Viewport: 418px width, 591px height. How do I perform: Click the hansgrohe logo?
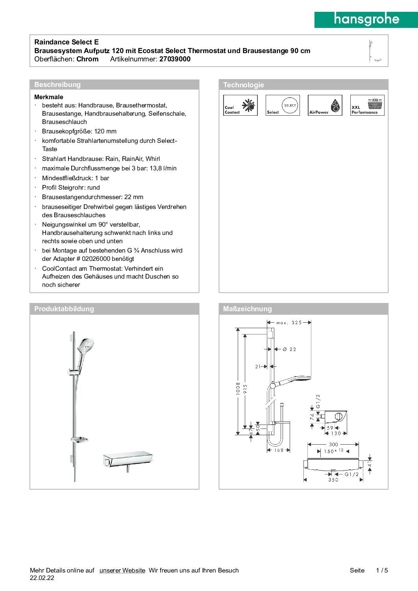click(x=366, y=19)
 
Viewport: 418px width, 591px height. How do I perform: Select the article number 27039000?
click(x=175, y=59)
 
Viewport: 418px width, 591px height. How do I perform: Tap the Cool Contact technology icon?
click(x=240, y=105)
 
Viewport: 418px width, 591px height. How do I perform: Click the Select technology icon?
click(x=283, y=105)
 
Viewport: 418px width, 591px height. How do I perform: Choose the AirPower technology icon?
click(x=325, y=105)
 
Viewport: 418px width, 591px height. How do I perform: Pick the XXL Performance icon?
click(x=367, y=105)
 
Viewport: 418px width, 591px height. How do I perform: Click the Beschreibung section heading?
click(x=57, y=85)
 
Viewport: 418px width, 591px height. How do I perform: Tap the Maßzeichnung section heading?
click(x=247, y=309)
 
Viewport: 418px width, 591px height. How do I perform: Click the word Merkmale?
click(x=49, y=97)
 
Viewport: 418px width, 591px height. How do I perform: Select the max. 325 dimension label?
click(x=289, y=323)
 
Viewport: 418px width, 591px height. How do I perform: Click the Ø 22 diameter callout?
click(x=290, y=349)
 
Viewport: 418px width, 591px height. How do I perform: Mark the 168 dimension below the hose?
click(x=279, y=450)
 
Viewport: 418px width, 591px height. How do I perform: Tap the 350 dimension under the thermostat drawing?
click(x=333, y=480)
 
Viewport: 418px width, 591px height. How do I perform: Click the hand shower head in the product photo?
click(x=86, y=345)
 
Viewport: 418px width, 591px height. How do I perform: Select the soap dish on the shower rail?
click(x=80, y=440)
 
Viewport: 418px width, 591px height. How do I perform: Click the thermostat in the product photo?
click(x=128, y=459)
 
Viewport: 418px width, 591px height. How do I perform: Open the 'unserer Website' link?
click(x=122, y=570)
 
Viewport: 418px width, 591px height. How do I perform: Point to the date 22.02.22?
click(x=42, y=578)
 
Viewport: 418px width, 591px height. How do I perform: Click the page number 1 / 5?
click(x=382, y=570)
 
